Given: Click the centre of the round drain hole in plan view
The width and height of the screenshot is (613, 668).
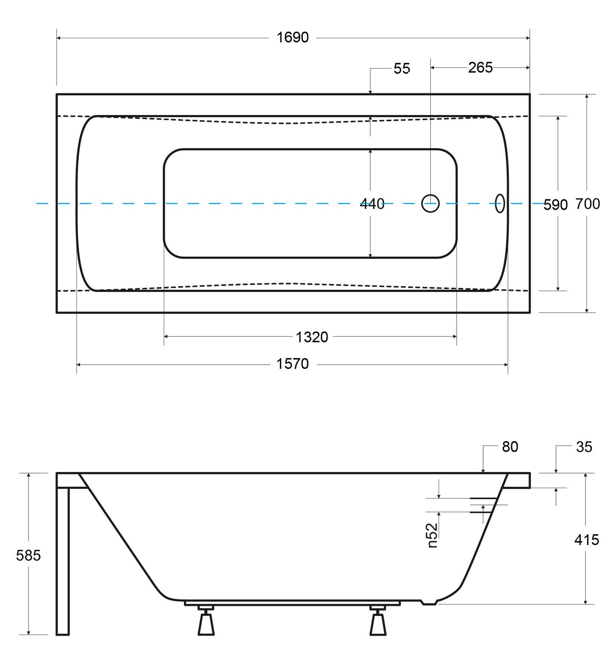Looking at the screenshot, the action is pyautogui.click(x=430, y=203).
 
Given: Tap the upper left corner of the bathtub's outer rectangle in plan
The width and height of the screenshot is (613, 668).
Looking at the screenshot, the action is pyautogui.click(x=57, y=94).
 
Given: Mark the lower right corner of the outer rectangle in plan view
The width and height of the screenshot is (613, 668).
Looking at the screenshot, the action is pyautogui.click(x=530, y=313).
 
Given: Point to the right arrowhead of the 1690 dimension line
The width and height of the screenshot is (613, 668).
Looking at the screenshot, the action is pyautogui.click(x=528, y=38).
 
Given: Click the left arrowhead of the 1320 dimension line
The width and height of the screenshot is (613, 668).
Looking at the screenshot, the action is pyautogui.click(x=166, y=337).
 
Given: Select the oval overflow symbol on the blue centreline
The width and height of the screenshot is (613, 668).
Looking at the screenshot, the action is pyautogui.click(x=500, y=203).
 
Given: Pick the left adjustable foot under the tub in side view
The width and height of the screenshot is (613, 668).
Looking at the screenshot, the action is pyautogui.click(x=206, y=620).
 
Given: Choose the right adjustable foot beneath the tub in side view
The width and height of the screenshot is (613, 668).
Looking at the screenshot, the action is pyautogui.click(x=378, y=620).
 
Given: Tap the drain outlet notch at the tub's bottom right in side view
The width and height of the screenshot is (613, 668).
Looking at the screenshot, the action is pyautogui.click(x=428, y=602).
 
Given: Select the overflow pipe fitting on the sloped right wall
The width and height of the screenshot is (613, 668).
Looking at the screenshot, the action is pyautogui.click(x=484, y=505).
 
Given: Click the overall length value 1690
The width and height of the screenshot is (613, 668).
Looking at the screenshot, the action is pyautogui.click(x=293, y=38).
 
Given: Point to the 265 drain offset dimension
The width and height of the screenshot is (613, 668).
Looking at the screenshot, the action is pyautogui.click(x=481, y=67).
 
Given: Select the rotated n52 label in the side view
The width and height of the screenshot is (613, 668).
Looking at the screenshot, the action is pyautogui.click(x=432, y=535).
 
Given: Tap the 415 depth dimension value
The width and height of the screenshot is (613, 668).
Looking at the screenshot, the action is pyautogui.click(x=587, y=540).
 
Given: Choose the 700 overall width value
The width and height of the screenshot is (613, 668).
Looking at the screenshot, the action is pyautogui.click(x=588, y=204).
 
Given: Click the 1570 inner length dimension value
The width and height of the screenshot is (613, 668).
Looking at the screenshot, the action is pyautogui.click(x=293, y=364).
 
